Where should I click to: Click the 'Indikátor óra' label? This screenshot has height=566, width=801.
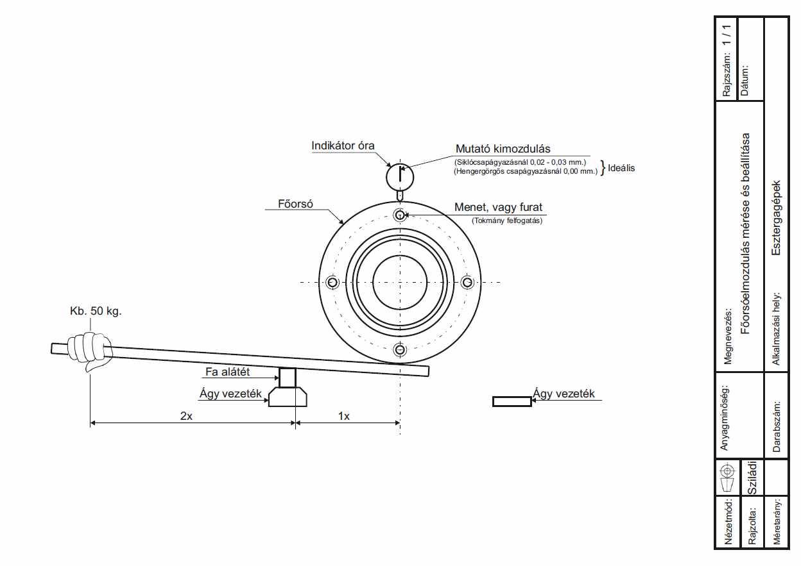pos(343,146)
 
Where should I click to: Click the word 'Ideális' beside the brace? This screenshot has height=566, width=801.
pos(621,168)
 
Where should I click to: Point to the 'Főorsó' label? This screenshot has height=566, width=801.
pos(295,204)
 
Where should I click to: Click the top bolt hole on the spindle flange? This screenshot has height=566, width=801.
pos(400,215)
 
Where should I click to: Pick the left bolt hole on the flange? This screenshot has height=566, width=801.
pos(332,283)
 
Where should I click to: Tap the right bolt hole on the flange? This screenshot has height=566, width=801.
pos(467,283)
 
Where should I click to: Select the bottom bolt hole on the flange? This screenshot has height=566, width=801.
pos(400,349)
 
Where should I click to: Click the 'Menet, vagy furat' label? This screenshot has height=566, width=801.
pos(498,207)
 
